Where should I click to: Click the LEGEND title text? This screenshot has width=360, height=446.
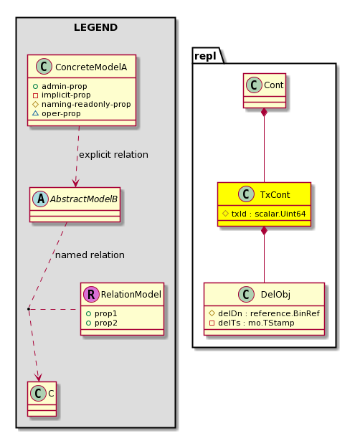click(95, 27)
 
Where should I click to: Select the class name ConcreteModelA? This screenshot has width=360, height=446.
click(91, 67)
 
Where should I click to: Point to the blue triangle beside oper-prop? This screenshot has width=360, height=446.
click(35, 113)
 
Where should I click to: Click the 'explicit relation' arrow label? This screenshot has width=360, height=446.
click(113, 154)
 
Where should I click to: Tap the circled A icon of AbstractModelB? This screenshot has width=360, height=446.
click(41, 199)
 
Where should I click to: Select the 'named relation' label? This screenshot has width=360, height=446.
click(90, 255)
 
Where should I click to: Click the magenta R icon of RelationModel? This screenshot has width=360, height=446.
click(91, 295)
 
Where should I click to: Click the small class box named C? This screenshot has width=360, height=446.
click(42, 399)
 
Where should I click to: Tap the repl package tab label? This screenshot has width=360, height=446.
click(205, 56)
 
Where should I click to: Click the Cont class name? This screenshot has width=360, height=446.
click(274, 85)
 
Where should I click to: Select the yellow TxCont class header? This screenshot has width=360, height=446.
click(264, 194)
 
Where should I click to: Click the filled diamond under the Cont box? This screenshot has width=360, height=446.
click(264, 113)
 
